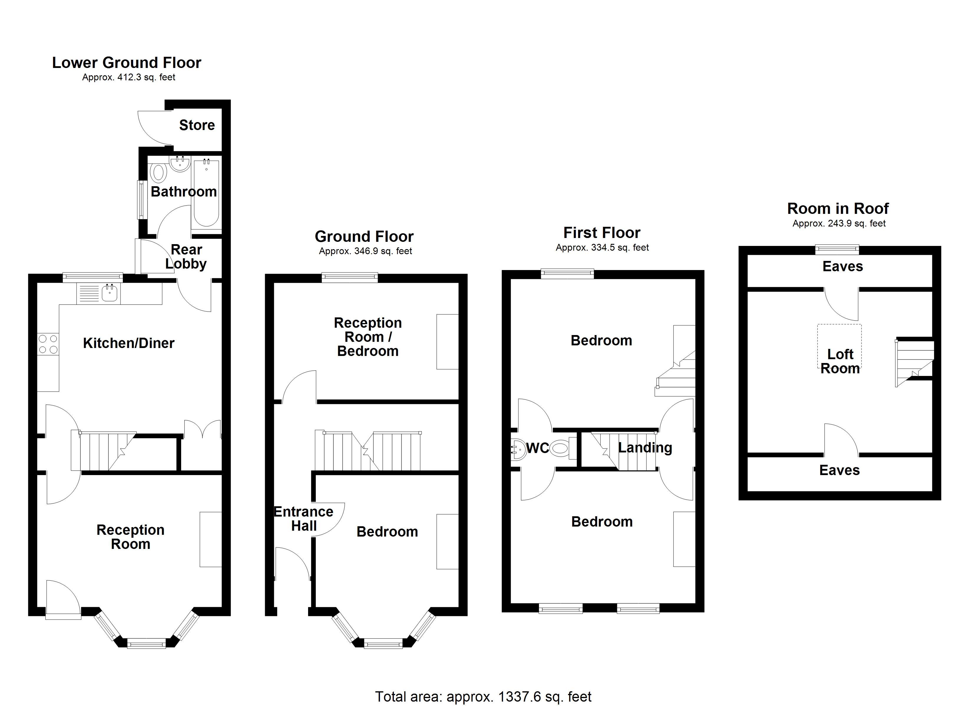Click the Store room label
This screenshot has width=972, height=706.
197,125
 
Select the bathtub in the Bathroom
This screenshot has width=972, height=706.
206,193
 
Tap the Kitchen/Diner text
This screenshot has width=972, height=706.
129,343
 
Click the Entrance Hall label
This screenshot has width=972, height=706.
303,519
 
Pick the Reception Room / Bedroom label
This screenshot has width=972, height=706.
368,337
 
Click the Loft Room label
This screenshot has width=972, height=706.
840,361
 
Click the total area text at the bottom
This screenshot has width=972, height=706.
483,697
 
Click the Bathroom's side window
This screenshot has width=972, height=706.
140,200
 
